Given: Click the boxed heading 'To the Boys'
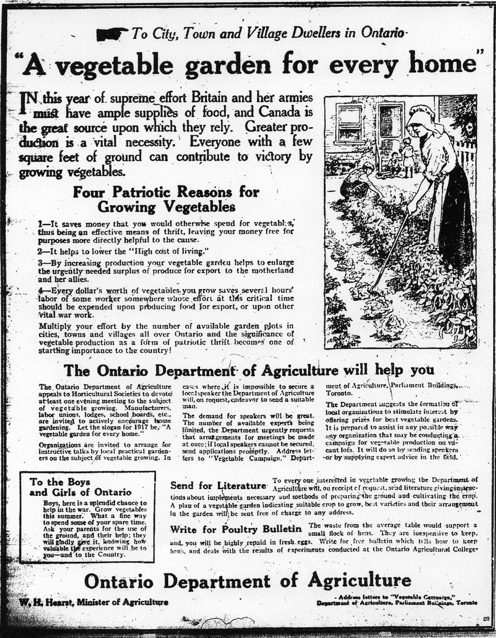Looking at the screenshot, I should click(x=60, y=481).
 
